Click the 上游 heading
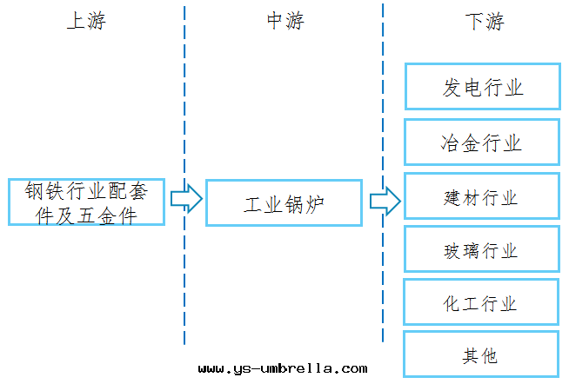click(x=85, y=22)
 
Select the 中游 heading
click(x=284, y=22)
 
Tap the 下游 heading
click(x=484, y=22)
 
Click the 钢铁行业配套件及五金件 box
click(x=86, y=202)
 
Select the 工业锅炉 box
click(x=284, y=203)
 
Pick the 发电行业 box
click(x=482, y=86)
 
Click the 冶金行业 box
click(x=482, y=142)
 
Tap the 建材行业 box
click(x=482, y=197)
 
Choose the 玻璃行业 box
click(x=482, y=250)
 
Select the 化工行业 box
click(x=482, y=303)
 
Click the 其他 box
click(x=482, y=354)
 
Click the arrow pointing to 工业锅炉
click(x=185, y=200)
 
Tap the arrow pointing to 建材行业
click(x=385, y=202)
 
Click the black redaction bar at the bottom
click(x=284, y=367)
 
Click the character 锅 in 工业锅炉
click(x=294, y=205)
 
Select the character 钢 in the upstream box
click(x=34, y=191)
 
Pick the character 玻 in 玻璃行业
click(x=453, y=251)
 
